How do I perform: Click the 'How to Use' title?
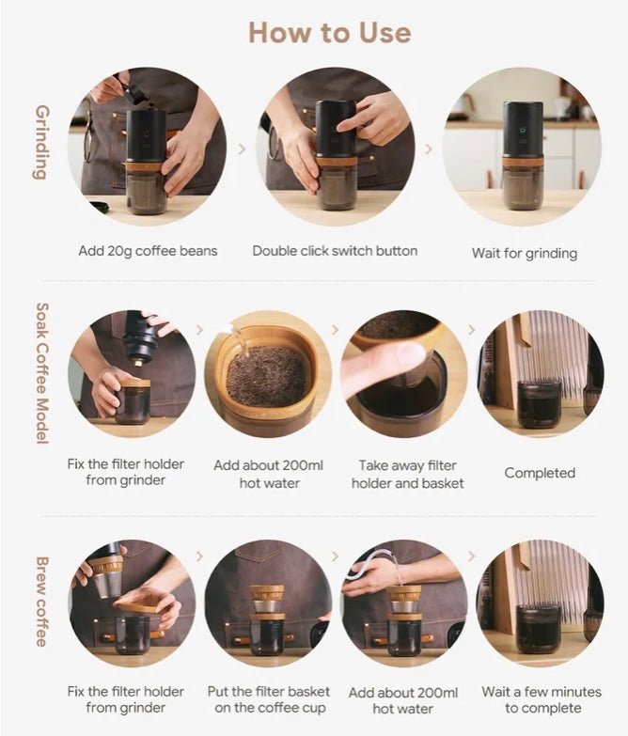pos(329,33)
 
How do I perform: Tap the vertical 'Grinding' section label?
pos(41,142)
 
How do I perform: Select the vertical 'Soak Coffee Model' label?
pos(41,373)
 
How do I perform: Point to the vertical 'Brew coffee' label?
pos(41,603)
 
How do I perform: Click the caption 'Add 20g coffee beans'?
pos(148,251)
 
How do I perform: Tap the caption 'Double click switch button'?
pos(335,251)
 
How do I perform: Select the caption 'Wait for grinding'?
pos(525,254)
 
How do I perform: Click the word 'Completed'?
pos(540,473)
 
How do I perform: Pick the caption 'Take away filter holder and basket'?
pos(407,474)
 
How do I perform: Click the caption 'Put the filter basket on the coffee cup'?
pos(269,699)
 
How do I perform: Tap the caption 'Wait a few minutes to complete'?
pos(542,699)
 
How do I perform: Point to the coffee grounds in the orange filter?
pos(267,375)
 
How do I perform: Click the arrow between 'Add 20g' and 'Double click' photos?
pos(242,149)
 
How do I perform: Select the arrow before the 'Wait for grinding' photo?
pos(429,149)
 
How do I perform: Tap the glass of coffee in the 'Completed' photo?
pos(539,403)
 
